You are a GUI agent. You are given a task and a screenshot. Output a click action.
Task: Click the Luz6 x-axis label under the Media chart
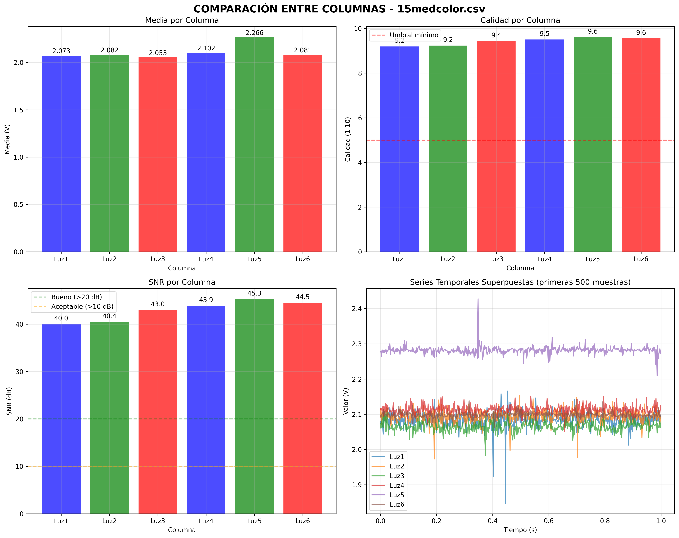[303, 259]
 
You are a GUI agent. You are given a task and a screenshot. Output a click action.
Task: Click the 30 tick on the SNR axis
[20, 372]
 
